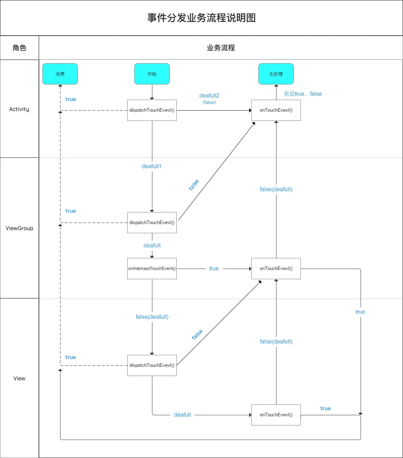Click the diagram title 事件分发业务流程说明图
pyautogui.click(x=201, y=18)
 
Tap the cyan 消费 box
pyautogui.click(x=60, y=74)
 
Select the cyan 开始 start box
pyautogui.click(x=152, y=74)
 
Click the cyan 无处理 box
pyautogui.click(x=276, y=74)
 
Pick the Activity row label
pyautogui.click(x=19, y=109)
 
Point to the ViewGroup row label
pyautogui.click(x=19, y=228)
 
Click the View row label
pyautogui.click(x=19, y=378)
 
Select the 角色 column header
pyautogui.click(x=19, y=48)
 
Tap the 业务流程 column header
pyautogui.click(x=221, y=48)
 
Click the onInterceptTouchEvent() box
pyautogui.click(x=152, y=269)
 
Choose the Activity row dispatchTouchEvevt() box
pyautogui.click(x=152, y=110)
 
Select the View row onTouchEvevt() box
pyautogui.click(x=276, y=415)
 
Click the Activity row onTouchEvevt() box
pyautogui.click(x=276, y=110)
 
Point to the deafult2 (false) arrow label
pyautogui.click(x=209, y=98)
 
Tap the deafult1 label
pyautogui.click(x=152, y=166)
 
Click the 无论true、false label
pyautogui.click(x=303, y=94)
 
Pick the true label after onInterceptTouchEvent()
pyautogui.click(x=214, y=269)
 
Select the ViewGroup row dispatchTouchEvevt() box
pyautogui.click(x=152, y=223)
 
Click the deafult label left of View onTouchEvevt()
pyautogui.click(x=182, y=415)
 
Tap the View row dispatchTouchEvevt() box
pyautogui.click(x=152, y=365)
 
